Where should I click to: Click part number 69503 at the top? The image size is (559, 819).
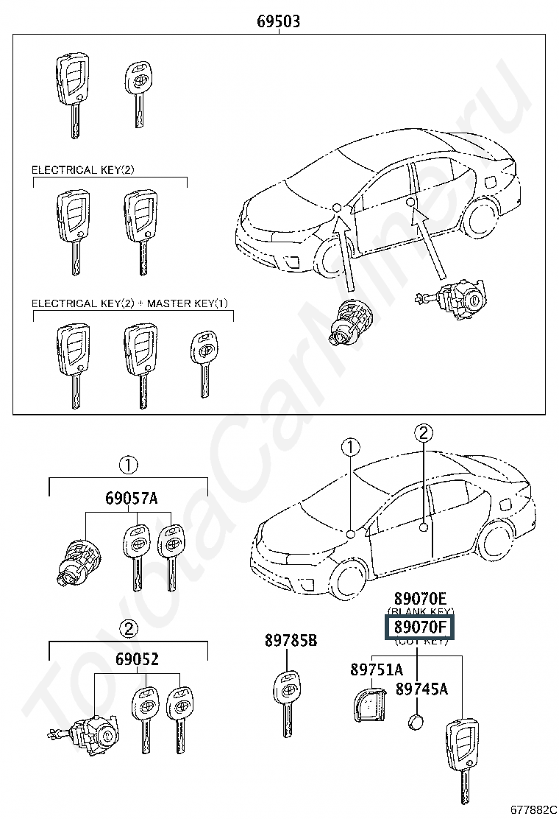point(278,21)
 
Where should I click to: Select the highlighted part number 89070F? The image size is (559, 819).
point(420,628)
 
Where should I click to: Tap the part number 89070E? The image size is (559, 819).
point(420,598)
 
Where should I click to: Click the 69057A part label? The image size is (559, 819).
point(130,499)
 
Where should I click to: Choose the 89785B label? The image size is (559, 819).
point(291,642)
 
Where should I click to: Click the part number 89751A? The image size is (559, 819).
point(377,669)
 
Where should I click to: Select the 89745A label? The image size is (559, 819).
point(421,689)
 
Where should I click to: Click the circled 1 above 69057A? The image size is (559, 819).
point(128,465)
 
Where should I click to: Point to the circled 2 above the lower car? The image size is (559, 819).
point(424,432)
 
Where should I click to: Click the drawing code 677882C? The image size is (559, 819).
point(534,810)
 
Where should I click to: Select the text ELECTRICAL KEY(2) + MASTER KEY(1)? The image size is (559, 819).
point(129,303)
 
